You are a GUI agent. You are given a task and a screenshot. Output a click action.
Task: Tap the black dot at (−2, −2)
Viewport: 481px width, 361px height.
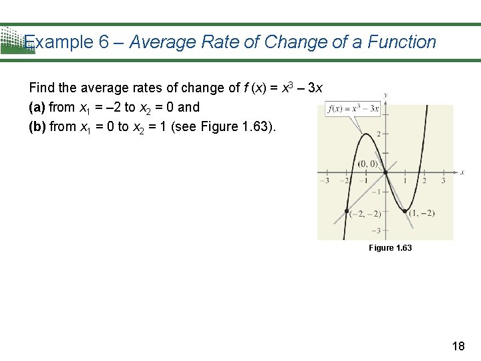[347, 211]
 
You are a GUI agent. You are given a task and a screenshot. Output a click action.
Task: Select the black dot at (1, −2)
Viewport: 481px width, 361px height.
[406, 211]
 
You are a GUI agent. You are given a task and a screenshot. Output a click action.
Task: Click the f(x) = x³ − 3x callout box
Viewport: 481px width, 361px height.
[352, 108]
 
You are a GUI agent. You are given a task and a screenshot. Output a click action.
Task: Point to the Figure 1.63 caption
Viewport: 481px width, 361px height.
[390, 248]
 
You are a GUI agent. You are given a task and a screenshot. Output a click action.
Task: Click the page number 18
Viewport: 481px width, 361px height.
[458, 346]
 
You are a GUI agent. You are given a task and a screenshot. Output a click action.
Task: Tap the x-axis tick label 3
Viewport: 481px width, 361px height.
[443, 180]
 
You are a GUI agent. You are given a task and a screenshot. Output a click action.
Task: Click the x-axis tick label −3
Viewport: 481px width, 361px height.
[325, 180]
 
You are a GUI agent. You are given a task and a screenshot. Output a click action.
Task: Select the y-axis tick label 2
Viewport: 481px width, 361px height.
[378, 134]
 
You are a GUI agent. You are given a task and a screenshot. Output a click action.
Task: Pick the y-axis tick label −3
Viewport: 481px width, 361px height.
[376, 231]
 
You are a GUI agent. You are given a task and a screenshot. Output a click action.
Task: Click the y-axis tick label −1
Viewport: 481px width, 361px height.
[376, 192]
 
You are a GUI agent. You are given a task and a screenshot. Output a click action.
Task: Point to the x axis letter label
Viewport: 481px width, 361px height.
[462, 172]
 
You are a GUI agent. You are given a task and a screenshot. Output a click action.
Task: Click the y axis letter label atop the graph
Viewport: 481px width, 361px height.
[385, 94]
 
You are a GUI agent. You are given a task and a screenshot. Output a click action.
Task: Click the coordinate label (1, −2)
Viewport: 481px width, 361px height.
[422, 213]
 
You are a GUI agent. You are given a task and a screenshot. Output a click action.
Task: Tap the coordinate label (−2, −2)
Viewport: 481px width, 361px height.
[367, 213]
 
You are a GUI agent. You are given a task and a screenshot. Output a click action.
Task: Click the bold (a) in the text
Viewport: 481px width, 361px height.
[37, 107]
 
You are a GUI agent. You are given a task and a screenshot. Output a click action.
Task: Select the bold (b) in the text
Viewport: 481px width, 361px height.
[37, 126]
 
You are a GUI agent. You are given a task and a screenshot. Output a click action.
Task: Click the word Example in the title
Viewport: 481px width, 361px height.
[60, 42]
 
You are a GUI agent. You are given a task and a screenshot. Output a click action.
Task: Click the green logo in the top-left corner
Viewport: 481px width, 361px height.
[15, 40]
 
